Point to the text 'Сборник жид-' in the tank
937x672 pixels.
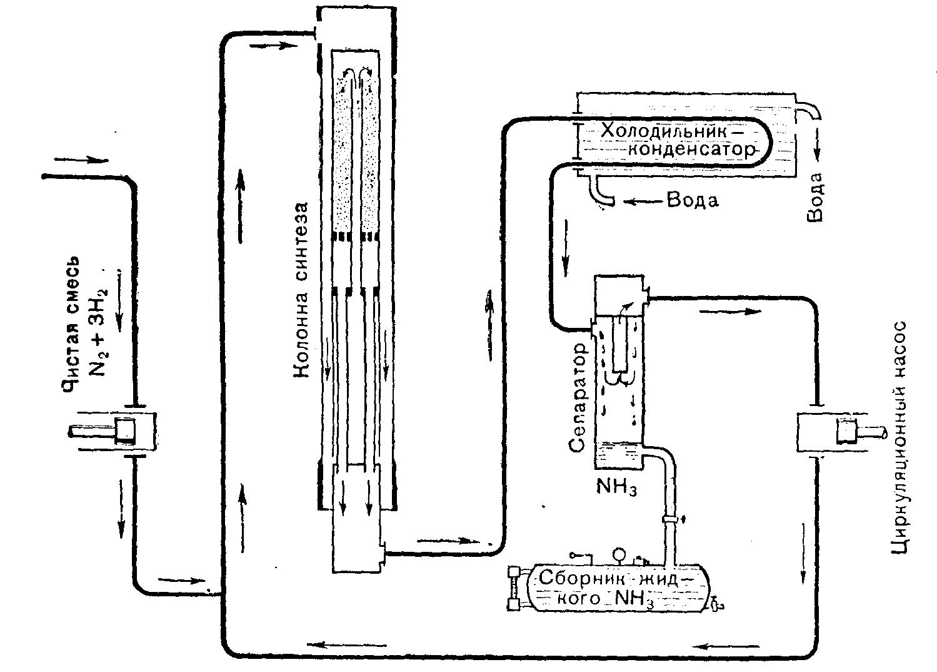coord(609,577)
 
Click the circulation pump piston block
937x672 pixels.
coord(848,432)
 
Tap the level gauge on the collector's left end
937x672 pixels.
coord(515,588)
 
